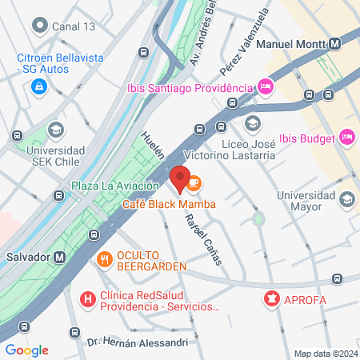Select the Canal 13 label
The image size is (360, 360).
(x=73, y=26)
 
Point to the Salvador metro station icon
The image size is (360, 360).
(x=60, y=258)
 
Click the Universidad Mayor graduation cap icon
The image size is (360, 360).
(x=346, y=198)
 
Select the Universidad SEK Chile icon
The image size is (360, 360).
(x=55, y=130)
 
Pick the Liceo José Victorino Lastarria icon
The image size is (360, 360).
(x=253, y=123)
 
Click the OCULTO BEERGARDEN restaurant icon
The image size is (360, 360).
(x=104, y=258)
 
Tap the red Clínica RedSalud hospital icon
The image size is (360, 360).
(x=88, y=300)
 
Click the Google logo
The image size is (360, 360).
(x=26, y=350)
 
